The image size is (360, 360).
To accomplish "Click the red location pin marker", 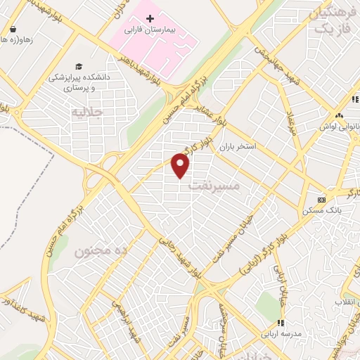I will [x=181, y=167].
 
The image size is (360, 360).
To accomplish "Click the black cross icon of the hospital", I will [x=149, y=18].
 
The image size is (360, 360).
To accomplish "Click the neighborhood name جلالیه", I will [x=88, y=111].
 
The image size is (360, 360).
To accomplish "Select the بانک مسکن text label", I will [x=326, y=210].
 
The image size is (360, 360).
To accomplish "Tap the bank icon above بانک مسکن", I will [x=322, y=198].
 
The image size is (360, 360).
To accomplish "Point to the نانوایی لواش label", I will [x=335, y=127].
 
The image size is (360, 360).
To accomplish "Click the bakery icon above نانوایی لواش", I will [x=339, y=115].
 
